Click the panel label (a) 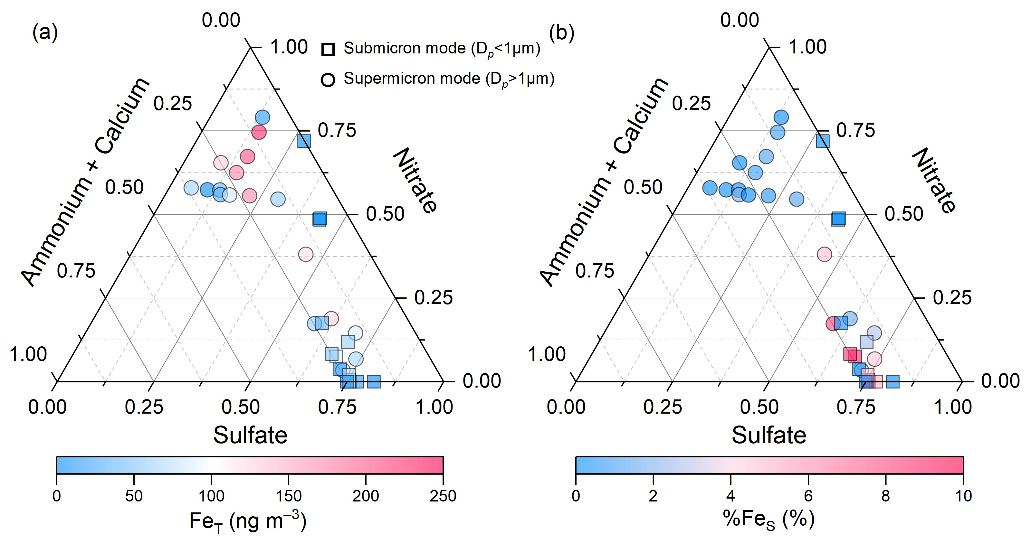(x=45, y=33)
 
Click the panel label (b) (x=562, y=33)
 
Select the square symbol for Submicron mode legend (x=328, y=49)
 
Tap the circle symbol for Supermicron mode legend (x=328, y=80)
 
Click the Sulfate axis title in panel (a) (x=250, y=435)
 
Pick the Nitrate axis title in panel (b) (x=934, y=181)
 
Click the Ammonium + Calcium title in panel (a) (x=86, y=182)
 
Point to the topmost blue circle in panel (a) (x=263, y=117)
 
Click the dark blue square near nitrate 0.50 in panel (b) (x=838, y=219)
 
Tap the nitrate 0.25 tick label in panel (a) (x=434, y=298)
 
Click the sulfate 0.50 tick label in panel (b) (x=759, y=407)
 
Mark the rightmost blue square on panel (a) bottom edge (x=374, y=381)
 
